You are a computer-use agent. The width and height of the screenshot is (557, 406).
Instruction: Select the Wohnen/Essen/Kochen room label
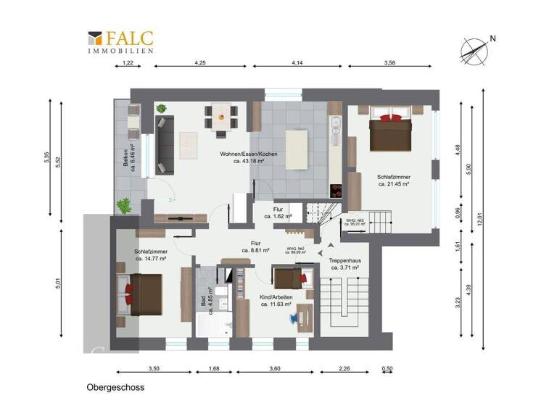[x=248, y=158]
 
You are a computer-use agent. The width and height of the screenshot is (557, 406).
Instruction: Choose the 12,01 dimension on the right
[x=480, y=215]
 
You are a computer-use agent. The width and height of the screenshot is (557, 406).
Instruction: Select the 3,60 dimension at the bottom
[x=274, y=369]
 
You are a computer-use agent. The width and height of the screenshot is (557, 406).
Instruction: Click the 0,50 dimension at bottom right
[x=388, y=369]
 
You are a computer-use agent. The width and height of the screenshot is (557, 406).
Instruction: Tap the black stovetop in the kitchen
[x=336, y=191]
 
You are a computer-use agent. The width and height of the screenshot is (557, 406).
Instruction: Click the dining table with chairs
[x=222, y=115]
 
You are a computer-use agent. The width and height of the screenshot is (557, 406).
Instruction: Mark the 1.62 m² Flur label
[x=278, y=212]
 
